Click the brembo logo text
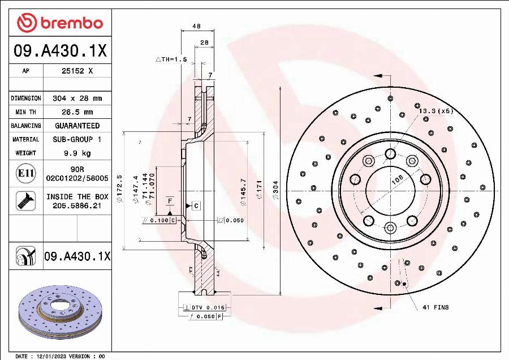click(x=70, y=23)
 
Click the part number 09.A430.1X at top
click(x=59, y=52)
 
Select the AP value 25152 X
click(x=77, y=71)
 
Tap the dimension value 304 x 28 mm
click(x=77, y=98)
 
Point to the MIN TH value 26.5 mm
click(x=77, y=112)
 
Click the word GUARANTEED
click(x=77, y=126)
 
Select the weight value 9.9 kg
click(x=77, y=153)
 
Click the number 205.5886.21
click(x=77, y=207)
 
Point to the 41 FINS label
click(x=435, y=307)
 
